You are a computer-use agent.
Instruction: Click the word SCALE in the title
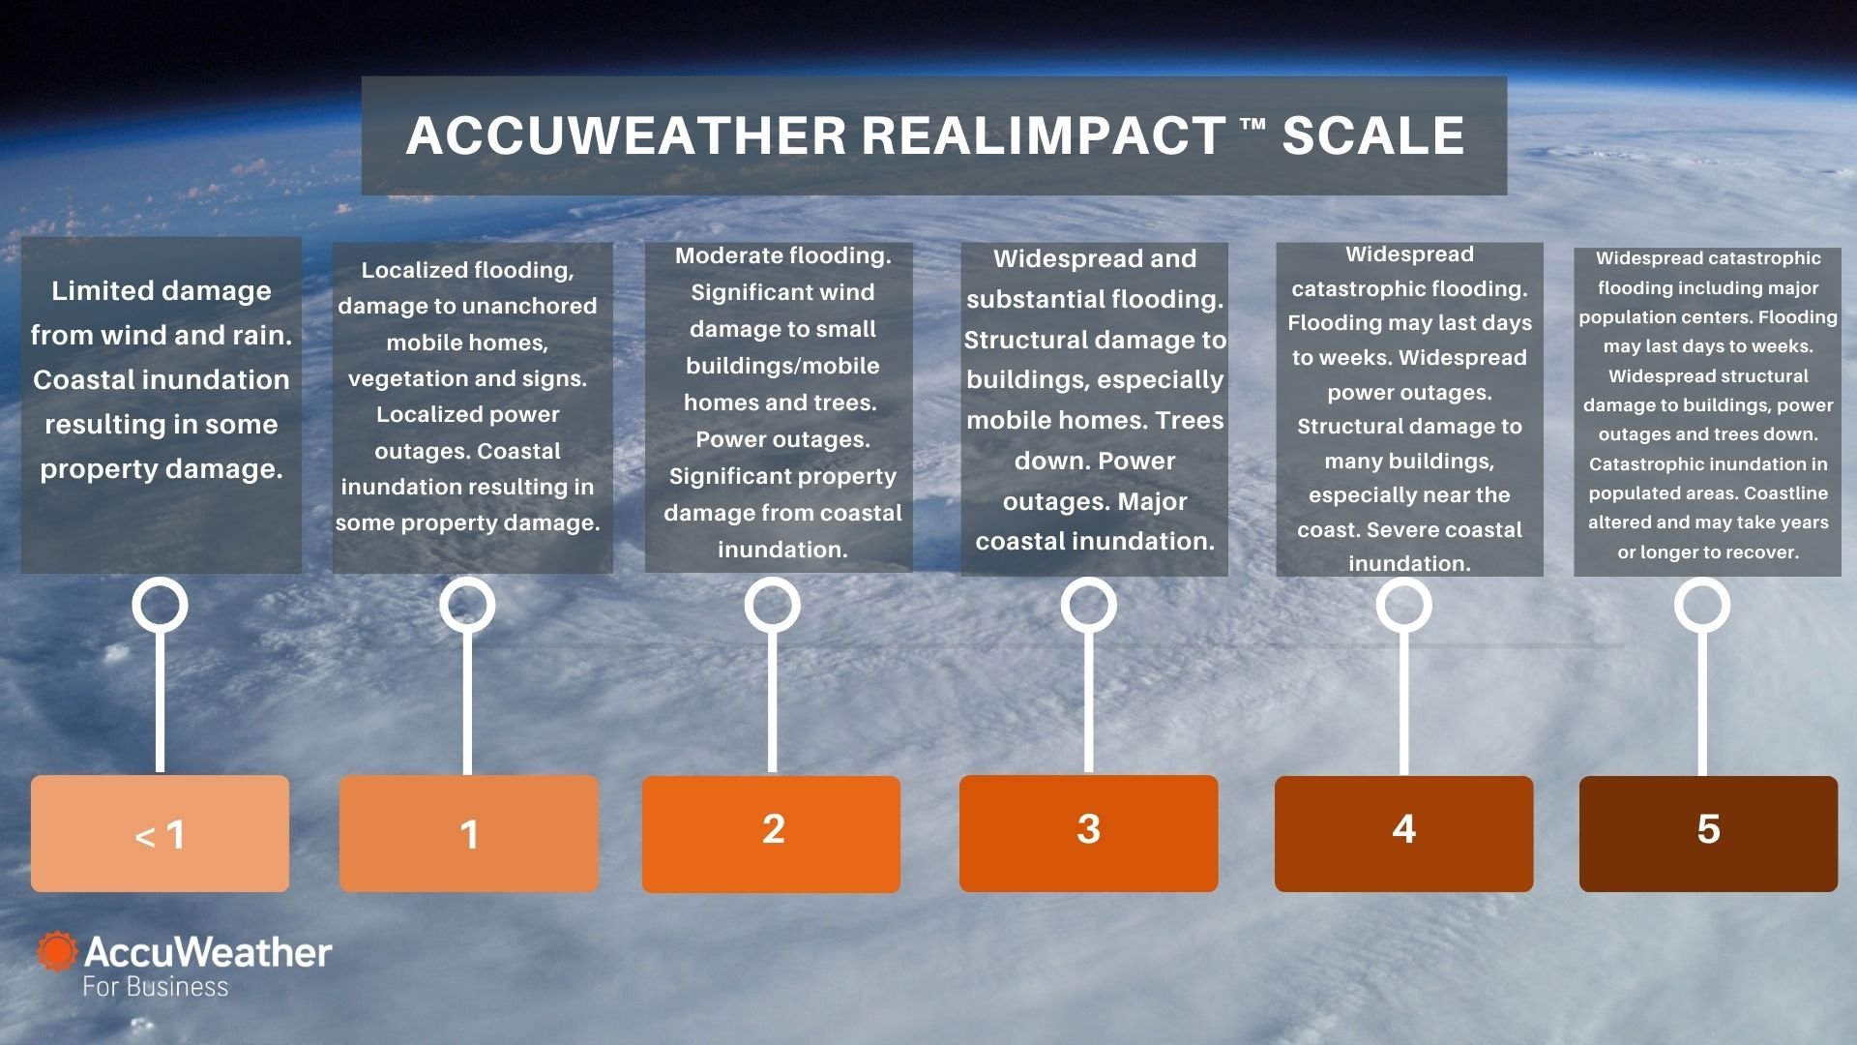(1372, 135)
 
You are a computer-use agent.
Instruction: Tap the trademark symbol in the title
(1253, 125)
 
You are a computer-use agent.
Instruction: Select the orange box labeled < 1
(160, 833)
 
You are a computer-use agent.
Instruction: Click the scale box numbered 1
(469, 833)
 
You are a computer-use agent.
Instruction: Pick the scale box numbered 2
(772, 833)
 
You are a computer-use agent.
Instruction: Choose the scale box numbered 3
(1088, 833)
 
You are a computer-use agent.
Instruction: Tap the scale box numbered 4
(1403, 833)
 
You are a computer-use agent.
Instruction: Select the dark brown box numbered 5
(1708, 833)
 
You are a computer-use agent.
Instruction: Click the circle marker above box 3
(1088, 605)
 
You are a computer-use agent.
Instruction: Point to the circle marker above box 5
(1701, 605)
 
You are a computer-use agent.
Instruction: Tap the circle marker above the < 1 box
(160, 605)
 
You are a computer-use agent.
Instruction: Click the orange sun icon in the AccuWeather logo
(57, 951)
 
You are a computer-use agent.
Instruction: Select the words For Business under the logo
(155, 987)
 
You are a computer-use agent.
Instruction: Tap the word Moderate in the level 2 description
(729, 255)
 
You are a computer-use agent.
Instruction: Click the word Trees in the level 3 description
(1190, 421)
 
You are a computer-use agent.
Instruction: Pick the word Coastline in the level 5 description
(1785, 493)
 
